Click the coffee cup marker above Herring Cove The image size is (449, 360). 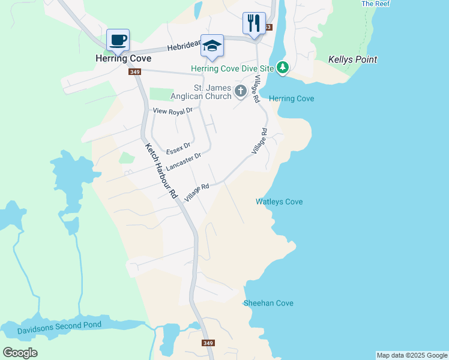[x=118, y=41]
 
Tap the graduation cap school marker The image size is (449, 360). [x=212, y=46]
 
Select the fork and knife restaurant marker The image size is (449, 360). [x=254, y=23]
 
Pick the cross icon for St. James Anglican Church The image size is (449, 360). [x=240, y=91]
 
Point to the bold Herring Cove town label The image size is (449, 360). [x=123, y=59]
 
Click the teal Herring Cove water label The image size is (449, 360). [x=292, y=98]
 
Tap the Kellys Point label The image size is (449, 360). [x=353, y=59]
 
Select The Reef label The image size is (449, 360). [x=376, y=4]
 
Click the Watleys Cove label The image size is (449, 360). [x=279, y=202]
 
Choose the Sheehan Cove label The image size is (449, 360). [x=268, y=303]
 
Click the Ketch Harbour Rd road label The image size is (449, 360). [x=162, y=170]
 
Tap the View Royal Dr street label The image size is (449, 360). [x=172, y=111]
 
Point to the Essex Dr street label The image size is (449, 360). [x=178, y=147]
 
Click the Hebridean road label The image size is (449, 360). [x=182, y=46]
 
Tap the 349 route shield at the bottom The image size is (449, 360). [x=208, y=343]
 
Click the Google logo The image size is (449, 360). [x=20, y=353]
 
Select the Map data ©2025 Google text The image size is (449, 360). [x=411, y=355]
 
